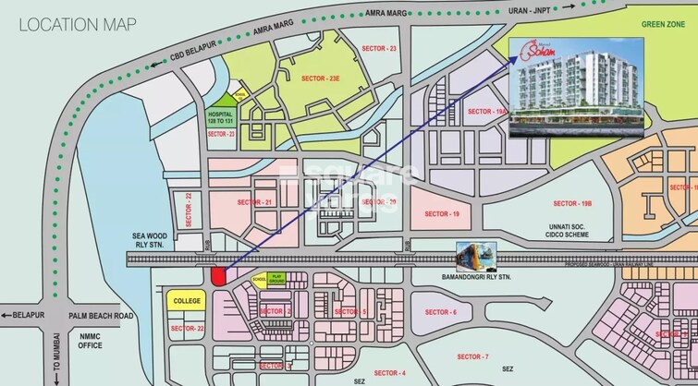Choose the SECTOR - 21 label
click(x=254, y=202)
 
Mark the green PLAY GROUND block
click(x=276, y=278)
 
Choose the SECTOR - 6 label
click(x=441, y=312)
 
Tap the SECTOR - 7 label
click(x=472, y=356)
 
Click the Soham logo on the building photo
click(x=541, y=43)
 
